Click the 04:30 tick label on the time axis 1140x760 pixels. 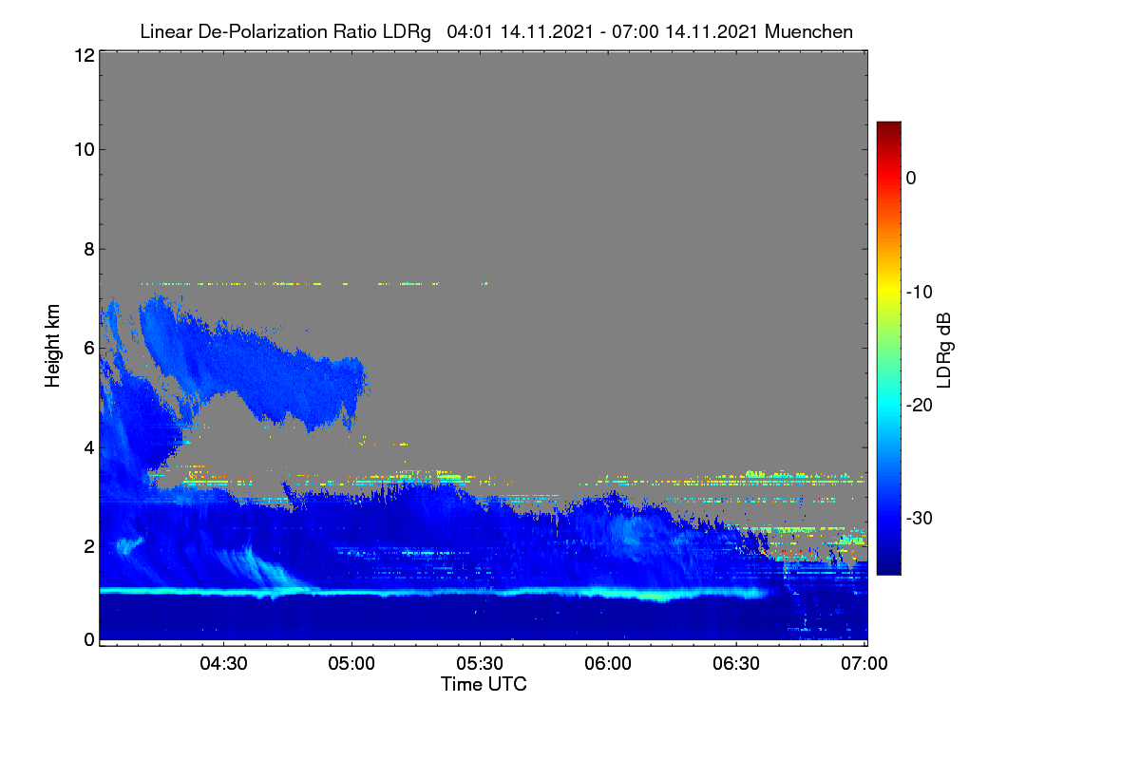click(x=223, y=664)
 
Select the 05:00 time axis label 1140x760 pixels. click(x=351, y=664)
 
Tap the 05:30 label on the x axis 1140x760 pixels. click(x=480, y=664)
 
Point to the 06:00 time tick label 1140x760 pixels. click(x=608, y=664)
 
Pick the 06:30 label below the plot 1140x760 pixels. click(x=736, y=664)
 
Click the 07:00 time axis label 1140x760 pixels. click(x=864, y=664)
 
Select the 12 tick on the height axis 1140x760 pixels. click(x=85, y=55)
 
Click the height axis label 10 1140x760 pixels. click(x=85, y=150)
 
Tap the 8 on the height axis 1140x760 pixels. click(x=89, y=249)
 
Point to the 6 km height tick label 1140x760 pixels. click(x=89, y=349)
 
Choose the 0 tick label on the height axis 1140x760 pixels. click(x=89, y=640)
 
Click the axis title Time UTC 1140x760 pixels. click(x=484, y=685)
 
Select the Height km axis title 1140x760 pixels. click(x=52, y=346)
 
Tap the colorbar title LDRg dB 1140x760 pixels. click(x=944, y=351)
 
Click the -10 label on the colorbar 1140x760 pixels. click(x=920, y=293)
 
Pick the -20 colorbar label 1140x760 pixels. click(x=920, y=406)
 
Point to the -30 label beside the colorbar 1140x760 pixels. click(x=920, y=518)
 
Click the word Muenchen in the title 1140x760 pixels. click(x=808, y=32)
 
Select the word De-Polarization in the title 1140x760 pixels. click(x=262, y=32)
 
